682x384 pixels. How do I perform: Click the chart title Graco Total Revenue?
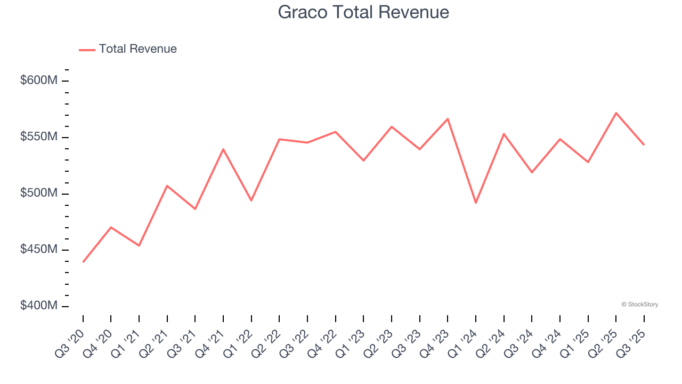[x=363, y=12]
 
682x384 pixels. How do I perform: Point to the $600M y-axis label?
[x=38, y=81]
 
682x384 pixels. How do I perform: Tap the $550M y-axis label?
[x=38, y=137]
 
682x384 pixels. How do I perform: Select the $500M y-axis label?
[x=38, y=193]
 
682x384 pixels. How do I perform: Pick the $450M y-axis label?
[x=38, y=250]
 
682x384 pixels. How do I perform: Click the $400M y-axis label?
[x=38, y=306]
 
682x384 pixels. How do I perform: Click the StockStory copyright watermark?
[x=639, y=305]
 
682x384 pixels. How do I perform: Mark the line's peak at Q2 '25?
[x=616, y=113]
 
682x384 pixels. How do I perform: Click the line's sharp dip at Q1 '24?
[x=476, y=203]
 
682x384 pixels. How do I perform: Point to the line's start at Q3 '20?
[x=83, y=262]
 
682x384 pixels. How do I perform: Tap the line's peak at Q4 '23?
[x=448, y=118]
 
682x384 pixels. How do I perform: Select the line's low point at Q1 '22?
[x=251, y=201]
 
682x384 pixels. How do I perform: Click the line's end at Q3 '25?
[x=644, y=145]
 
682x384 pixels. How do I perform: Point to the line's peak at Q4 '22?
[x=336, y=132]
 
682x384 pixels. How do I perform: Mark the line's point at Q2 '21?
[x=167, y=186]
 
